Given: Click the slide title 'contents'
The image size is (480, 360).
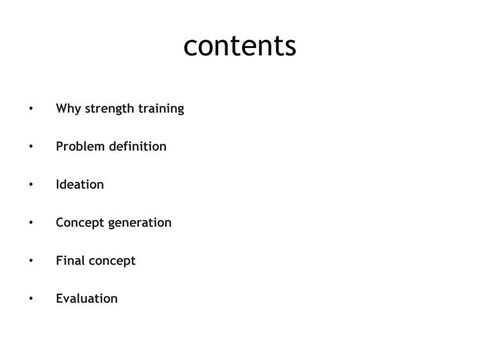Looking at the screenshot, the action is [x=240, y=45].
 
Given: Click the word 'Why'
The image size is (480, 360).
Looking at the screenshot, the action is [x=68, y=109].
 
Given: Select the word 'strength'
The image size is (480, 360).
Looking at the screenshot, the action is [x=109, y=109].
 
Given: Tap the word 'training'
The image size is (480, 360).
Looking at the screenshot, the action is [x=161, y=109].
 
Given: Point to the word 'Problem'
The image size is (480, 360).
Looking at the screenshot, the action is [x=81, y=146].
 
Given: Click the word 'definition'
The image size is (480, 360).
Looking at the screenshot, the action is [x=138, y=146].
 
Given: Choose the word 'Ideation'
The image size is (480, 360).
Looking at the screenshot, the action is [x=80, y=184].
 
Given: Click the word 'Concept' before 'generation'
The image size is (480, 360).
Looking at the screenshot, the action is [x=80, y=223].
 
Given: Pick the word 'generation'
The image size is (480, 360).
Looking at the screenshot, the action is [x=140, y=223].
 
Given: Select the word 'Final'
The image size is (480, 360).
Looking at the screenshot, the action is [x=70, y=261].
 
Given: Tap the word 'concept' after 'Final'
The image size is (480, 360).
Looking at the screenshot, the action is [x=112, y=261].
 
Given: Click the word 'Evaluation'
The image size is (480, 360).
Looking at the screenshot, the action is [x=87, y=299].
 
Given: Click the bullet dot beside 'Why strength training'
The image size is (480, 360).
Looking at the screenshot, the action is [x=31, y=108].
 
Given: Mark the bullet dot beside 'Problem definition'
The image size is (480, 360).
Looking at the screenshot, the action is [x=31, y=146].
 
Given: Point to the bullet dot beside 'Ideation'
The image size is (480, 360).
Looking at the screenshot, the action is [x=31, y=184].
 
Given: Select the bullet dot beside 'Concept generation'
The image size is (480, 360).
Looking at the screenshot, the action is [x=31, y=223].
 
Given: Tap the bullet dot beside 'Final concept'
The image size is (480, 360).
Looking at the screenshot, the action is [x=31, y=261].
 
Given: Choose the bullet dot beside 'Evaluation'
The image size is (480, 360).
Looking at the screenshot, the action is [x=31, y=299].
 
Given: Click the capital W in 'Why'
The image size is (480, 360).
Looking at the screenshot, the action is [x=62, y=108].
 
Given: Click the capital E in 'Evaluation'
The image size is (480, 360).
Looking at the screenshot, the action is [x=60, y=299].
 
